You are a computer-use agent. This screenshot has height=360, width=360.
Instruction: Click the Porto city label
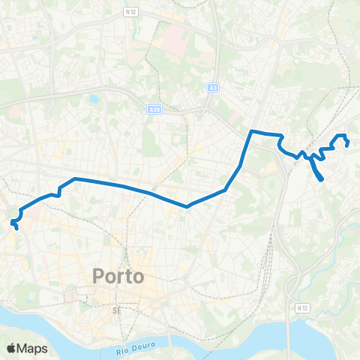118,276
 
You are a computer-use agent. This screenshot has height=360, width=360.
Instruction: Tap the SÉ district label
116,310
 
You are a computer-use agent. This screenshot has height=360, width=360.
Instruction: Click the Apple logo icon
11,348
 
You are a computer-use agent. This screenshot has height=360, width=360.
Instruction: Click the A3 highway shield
214,88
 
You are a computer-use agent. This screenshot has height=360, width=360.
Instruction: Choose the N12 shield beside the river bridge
301,308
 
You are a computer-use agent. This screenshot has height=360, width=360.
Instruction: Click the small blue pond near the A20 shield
94,98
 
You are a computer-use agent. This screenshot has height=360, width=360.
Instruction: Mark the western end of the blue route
16,226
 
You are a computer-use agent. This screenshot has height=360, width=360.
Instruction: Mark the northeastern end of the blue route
349,145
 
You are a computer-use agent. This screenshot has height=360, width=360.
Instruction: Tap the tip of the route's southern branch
322,179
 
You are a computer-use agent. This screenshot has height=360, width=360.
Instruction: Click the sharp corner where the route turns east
251,132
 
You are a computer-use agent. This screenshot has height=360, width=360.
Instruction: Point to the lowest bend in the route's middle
187,205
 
